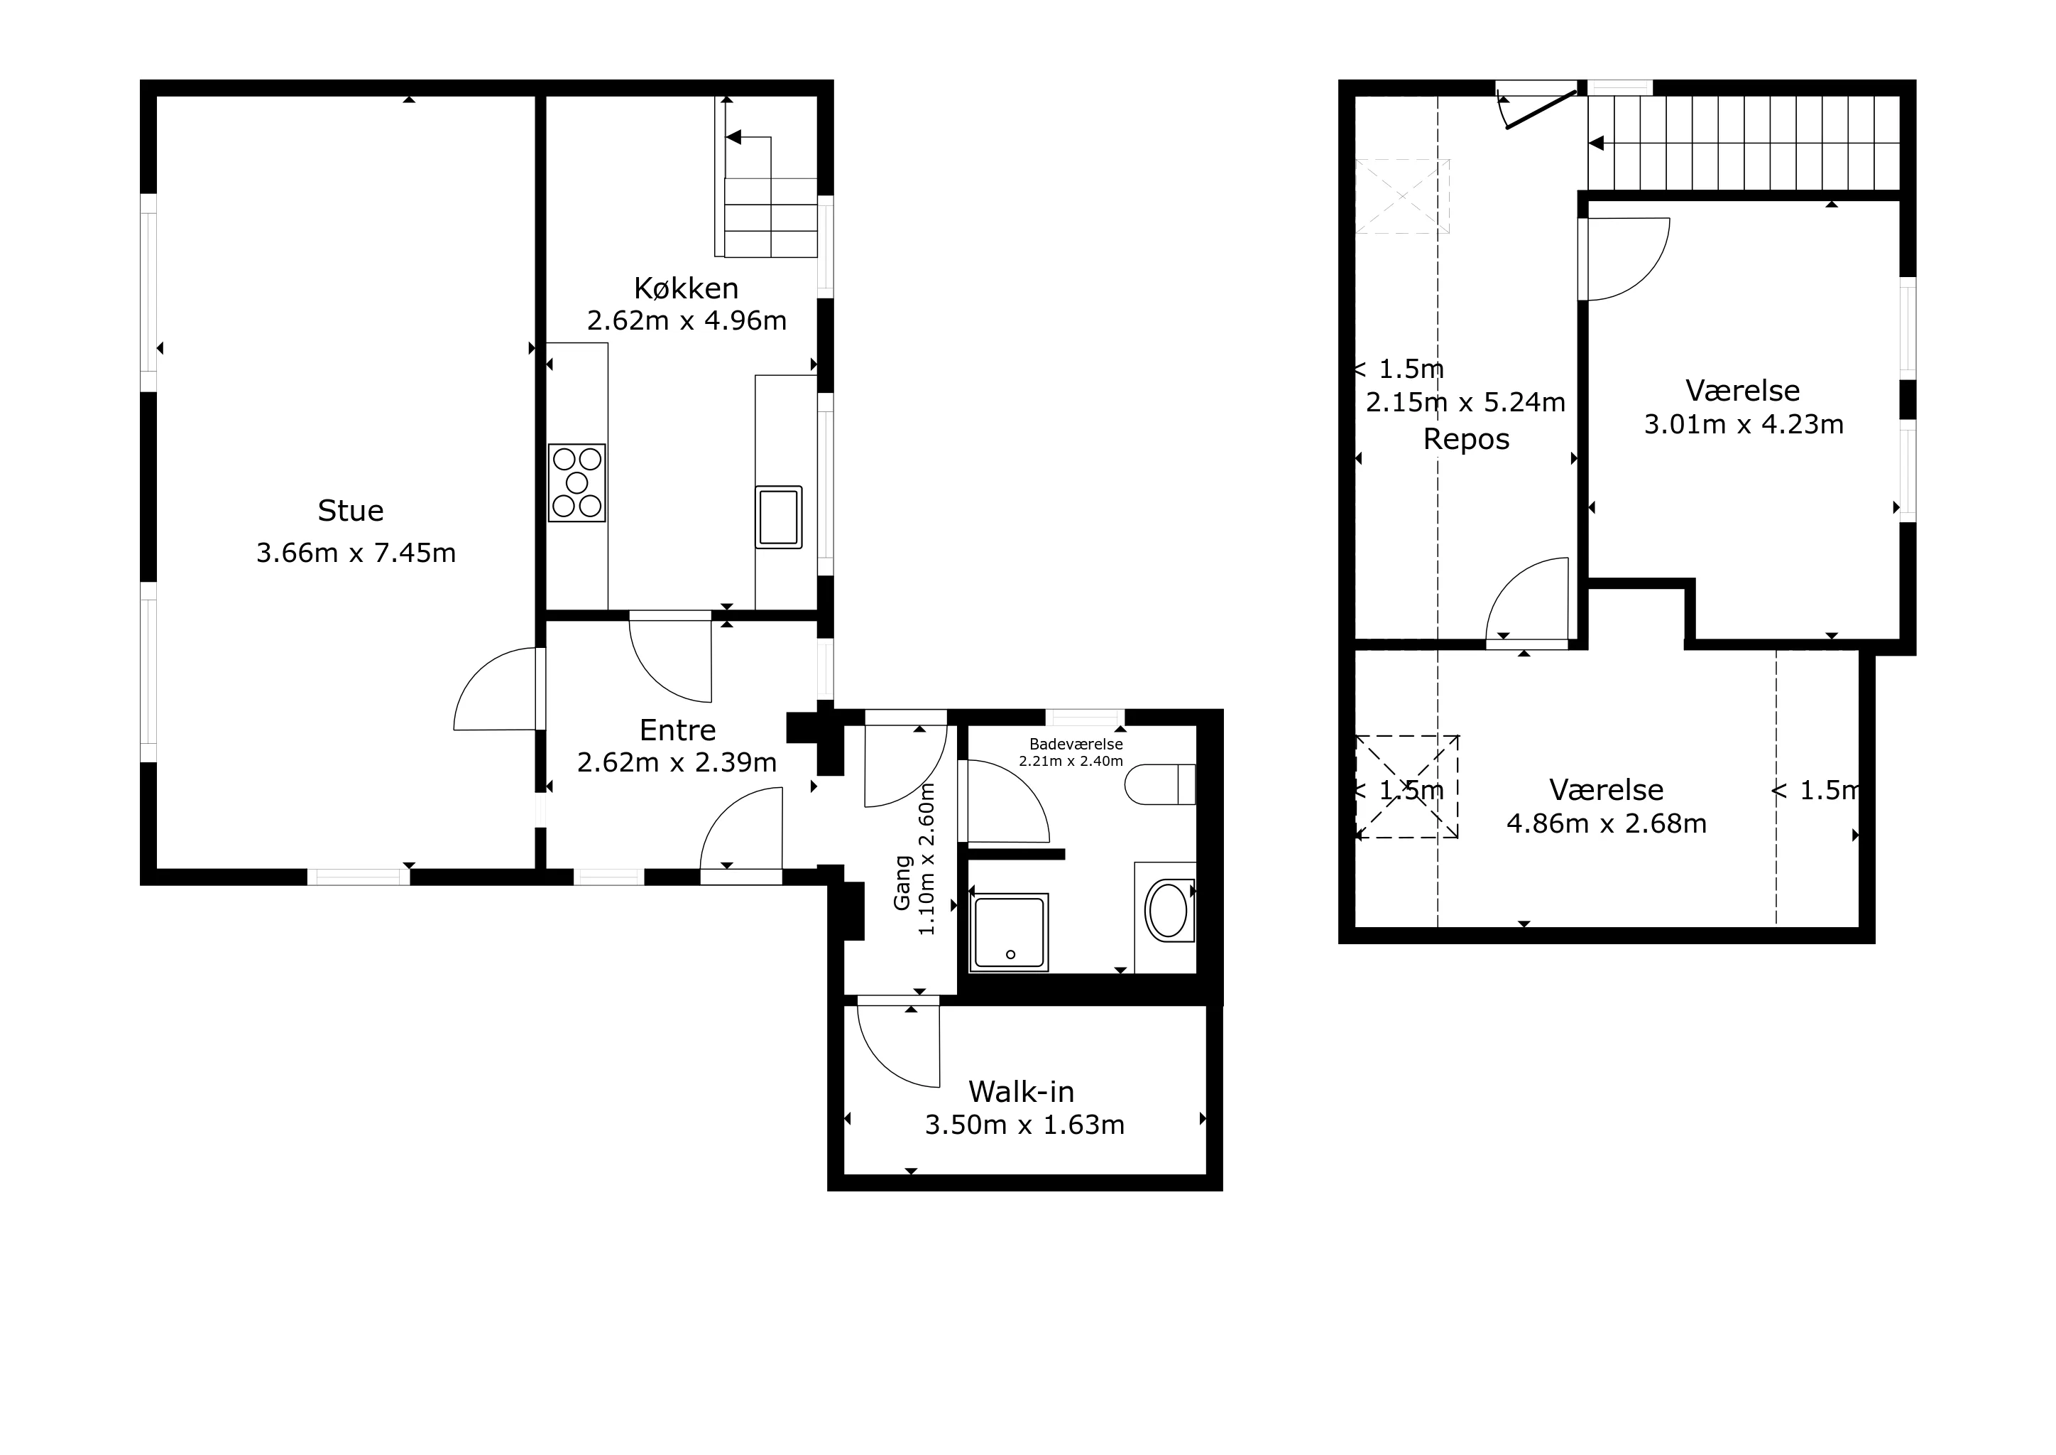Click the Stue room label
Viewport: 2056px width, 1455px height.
tap(350, 511)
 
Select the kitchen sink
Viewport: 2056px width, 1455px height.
tap(778, 517)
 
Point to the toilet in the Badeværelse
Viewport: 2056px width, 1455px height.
tap(1161, 784)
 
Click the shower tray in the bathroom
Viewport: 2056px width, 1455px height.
tap(1010, 932)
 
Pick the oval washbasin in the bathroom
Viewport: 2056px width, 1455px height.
tap(1168, 912)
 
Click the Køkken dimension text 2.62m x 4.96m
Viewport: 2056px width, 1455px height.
tap(687, 320)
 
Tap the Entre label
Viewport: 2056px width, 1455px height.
tap(678, 730)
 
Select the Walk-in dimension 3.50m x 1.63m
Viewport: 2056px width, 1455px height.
tap(1024, 1125)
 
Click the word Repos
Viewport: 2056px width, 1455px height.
tap(1466, 440)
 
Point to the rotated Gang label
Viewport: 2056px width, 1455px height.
tap(902, 883)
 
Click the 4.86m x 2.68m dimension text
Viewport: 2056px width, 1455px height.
tap(1607, 823)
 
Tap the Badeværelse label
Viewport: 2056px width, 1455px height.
tap(1076, 744)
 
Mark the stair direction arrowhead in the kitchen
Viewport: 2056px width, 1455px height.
tap(733, 138)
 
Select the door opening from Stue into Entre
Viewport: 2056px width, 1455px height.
tap(496, 689)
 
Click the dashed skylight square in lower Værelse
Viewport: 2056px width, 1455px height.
tap(1407, 786)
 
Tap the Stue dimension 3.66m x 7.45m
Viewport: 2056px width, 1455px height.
tap(356, 553)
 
